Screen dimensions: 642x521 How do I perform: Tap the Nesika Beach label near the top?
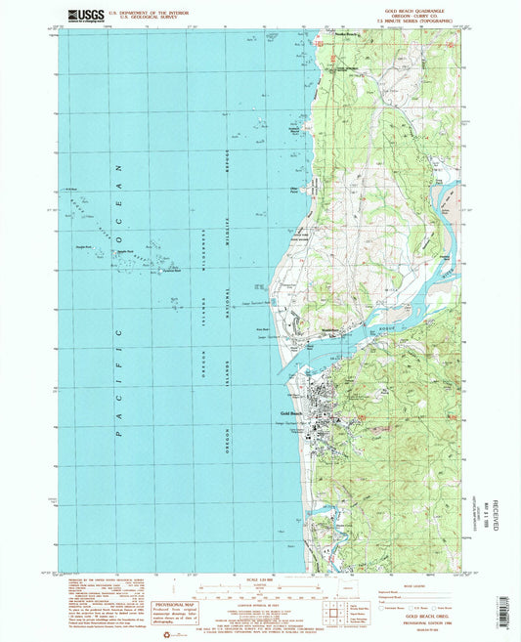point(352,34)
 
